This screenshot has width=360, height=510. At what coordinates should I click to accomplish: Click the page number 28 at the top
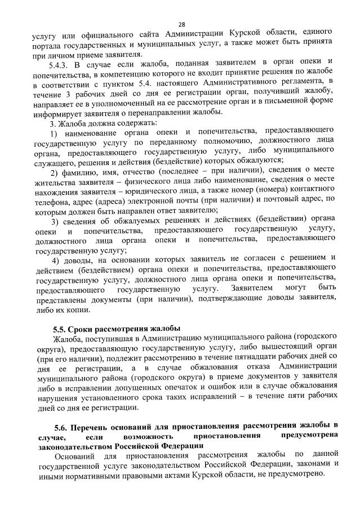(181, 24)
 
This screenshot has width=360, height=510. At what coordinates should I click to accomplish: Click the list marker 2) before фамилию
(55, 171)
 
